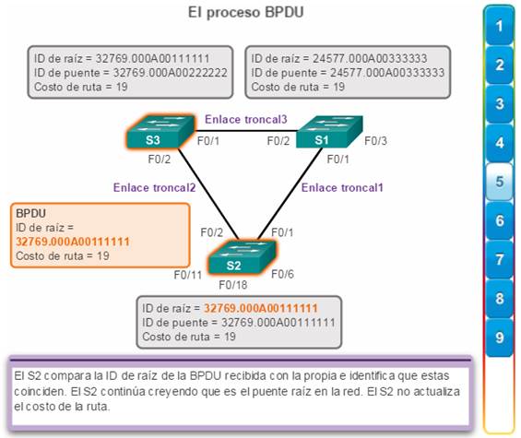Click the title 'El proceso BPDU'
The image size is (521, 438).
[246, 13]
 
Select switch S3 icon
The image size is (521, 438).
[160, 132]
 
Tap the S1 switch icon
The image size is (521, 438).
[329, 132]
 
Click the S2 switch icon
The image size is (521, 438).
[242, 257]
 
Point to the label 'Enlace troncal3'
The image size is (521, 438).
[246, 119]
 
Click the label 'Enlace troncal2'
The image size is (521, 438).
[155, 188]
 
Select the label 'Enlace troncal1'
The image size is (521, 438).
[342, 188]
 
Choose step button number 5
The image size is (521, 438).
[500, 182]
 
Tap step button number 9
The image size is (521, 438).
[500, 337]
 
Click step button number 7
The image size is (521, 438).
[500, 259]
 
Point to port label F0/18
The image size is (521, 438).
[233, 285]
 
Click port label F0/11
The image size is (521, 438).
[188, 275]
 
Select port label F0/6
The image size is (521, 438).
[282, 274]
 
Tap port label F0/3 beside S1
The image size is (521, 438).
[376, 141]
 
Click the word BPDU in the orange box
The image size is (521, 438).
[31, 213]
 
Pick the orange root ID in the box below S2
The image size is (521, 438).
[260, 308]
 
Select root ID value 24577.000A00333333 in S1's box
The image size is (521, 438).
[370, 58]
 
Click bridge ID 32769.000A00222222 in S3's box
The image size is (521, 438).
[170, 73]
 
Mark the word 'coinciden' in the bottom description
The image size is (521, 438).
[40, 391]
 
